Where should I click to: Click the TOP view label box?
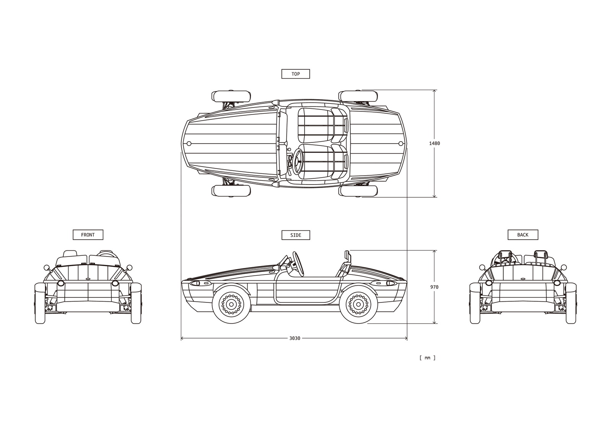click(x=295, y=74)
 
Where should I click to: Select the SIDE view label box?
click(x=295, y=235)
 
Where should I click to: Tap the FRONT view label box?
click(x=88, y=235)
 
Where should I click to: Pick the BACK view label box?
click(x=522, y=235)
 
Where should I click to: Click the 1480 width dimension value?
click(x=434, y=143)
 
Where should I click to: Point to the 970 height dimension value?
click(x=434, y=287)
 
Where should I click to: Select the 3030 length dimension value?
click(x=295, y=338)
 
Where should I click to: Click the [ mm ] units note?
click(x=427, y=358)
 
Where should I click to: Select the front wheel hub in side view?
click(x=231, y=304)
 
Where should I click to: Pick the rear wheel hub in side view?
click(x=358, y=304)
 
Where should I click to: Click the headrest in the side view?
click(x=347, y=255)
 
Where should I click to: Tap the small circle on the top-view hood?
click(x=189, y=144)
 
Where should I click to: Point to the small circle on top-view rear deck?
click(x=400, y=144)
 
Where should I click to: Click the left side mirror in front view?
click(x=47, y=267)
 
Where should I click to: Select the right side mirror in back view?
click(x=563, y=267)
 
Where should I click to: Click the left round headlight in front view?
click(x=60, y=283)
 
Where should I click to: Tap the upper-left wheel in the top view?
click(x=231, y=96)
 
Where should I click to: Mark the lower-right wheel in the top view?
click(x=358, y=191)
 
